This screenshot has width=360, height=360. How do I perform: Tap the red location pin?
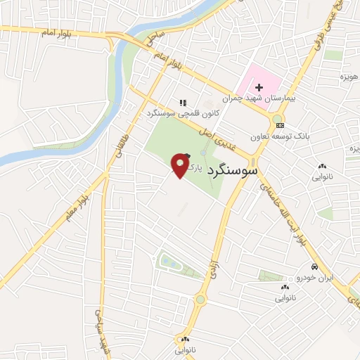(x=181, y=166)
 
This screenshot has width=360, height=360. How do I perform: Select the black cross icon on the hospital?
(x=259, y=87)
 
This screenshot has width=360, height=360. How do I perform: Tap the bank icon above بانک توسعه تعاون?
(x=281, y=125)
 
